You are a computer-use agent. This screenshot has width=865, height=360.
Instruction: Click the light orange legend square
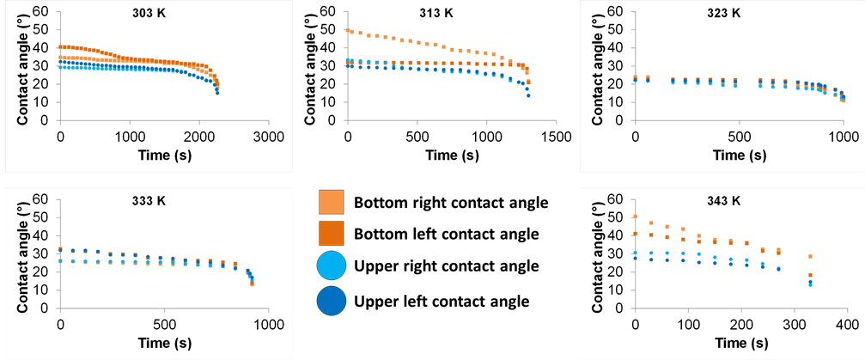(x=332, y=202)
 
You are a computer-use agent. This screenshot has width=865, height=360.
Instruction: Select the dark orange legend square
(x=332, y=233)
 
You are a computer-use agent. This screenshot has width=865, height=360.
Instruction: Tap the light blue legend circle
(x=332, y=266)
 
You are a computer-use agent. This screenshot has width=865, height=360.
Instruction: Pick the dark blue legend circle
(x=332, y=301)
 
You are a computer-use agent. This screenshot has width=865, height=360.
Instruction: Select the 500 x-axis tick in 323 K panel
(x=739, y=138)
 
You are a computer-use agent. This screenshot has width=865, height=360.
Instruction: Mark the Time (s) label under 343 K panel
(x=740, y=345)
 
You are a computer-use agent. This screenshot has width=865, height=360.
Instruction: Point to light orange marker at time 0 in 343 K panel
(x=635, y=217)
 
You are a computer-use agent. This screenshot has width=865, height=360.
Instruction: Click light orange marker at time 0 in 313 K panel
(x=348, y=30)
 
